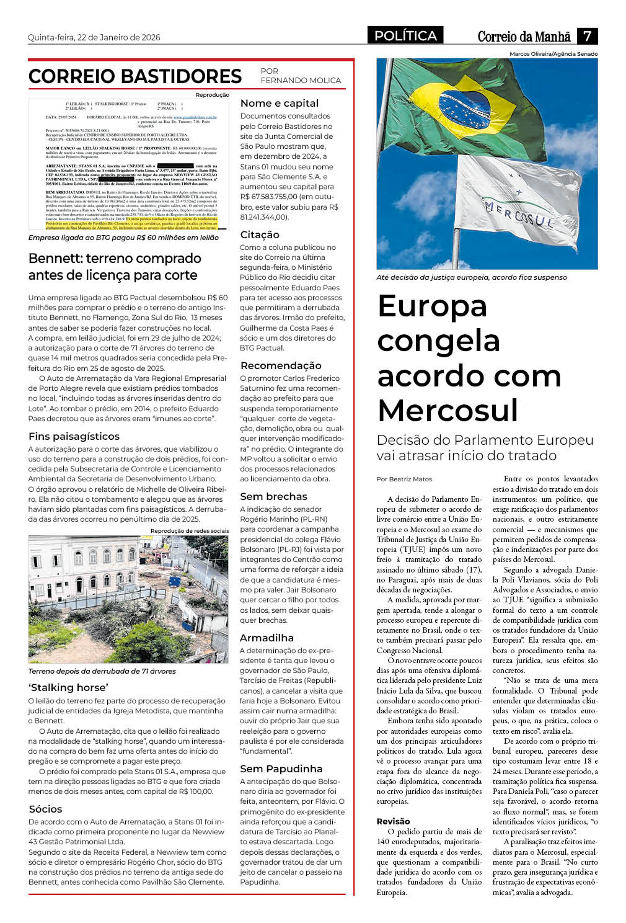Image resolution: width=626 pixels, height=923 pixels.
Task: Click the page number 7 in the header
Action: pos(587,36)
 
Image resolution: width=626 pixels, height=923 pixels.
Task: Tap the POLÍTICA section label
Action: pos(406,36)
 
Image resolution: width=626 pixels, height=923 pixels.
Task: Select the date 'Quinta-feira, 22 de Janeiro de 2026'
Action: pos(94,37)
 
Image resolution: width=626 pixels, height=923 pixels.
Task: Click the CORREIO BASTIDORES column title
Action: pos(135,76)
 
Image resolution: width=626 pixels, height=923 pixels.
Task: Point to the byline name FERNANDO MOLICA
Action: pos(301,81)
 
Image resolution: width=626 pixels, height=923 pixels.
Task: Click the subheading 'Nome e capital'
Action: pos(280,104)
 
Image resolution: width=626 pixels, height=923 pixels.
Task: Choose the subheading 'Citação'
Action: pos(260,235)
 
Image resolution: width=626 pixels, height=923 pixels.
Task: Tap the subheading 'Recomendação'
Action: pos(281,366)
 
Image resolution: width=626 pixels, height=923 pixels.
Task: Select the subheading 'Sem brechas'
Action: pos(273,497)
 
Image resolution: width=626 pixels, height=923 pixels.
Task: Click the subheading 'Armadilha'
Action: pos(267,638)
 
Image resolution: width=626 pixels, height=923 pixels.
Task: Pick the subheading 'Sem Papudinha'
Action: pos(281,769)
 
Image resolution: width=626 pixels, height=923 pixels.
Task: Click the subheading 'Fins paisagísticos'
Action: pos(74,437)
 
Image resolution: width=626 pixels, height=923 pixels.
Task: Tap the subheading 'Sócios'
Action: pos(45,809)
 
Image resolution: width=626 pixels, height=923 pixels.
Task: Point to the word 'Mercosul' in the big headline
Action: pos(447,411)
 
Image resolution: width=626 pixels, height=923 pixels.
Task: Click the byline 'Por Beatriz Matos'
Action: pos(404,479)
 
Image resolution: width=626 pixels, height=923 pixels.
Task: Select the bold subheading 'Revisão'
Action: pos(393,822)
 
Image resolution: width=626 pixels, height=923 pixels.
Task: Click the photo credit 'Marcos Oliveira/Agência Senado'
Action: pos(553,54)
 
